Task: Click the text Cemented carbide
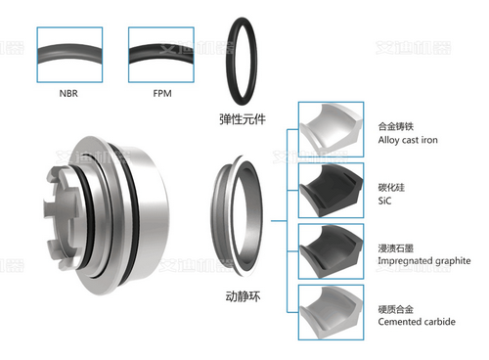coord(415,321)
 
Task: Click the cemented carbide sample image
coord(332,311)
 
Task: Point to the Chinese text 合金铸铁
coord(396,125)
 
